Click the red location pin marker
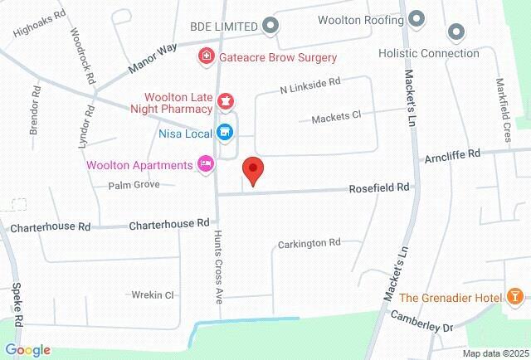253,170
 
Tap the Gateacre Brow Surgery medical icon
204,57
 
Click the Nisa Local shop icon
223,132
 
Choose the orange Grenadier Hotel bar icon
515,297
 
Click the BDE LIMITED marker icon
269,26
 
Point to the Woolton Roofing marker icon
417,17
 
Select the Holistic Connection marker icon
455,33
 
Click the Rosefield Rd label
380,187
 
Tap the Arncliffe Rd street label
451,154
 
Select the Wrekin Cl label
152,294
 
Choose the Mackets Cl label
336,118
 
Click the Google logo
27,350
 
